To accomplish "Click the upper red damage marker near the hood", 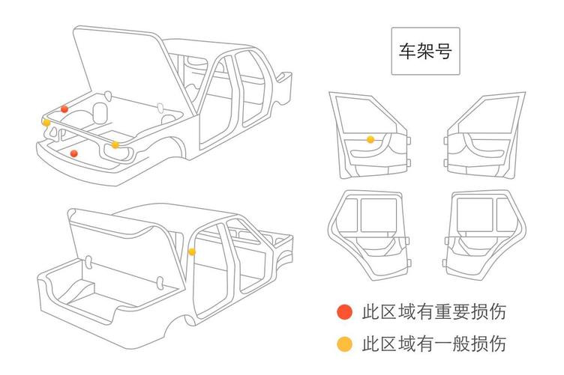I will click(x=64, y=109).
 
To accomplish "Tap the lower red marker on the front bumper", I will click(x=73, y=153).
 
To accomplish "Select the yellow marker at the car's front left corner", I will click(x=46, y=122).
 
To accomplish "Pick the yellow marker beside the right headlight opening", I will click(x=115, y=144).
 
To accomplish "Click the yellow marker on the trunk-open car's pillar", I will click(x=192, y=252).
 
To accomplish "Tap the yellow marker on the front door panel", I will click(x=370, y=139).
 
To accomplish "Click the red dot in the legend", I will click(x=344, y=311).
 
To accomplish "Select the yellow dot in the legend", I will click(x=344, y=344).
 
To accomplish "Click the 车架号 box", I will click(x=424, y=52).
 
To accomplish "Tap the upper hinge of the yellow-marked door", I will click(x=409, y=139).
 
